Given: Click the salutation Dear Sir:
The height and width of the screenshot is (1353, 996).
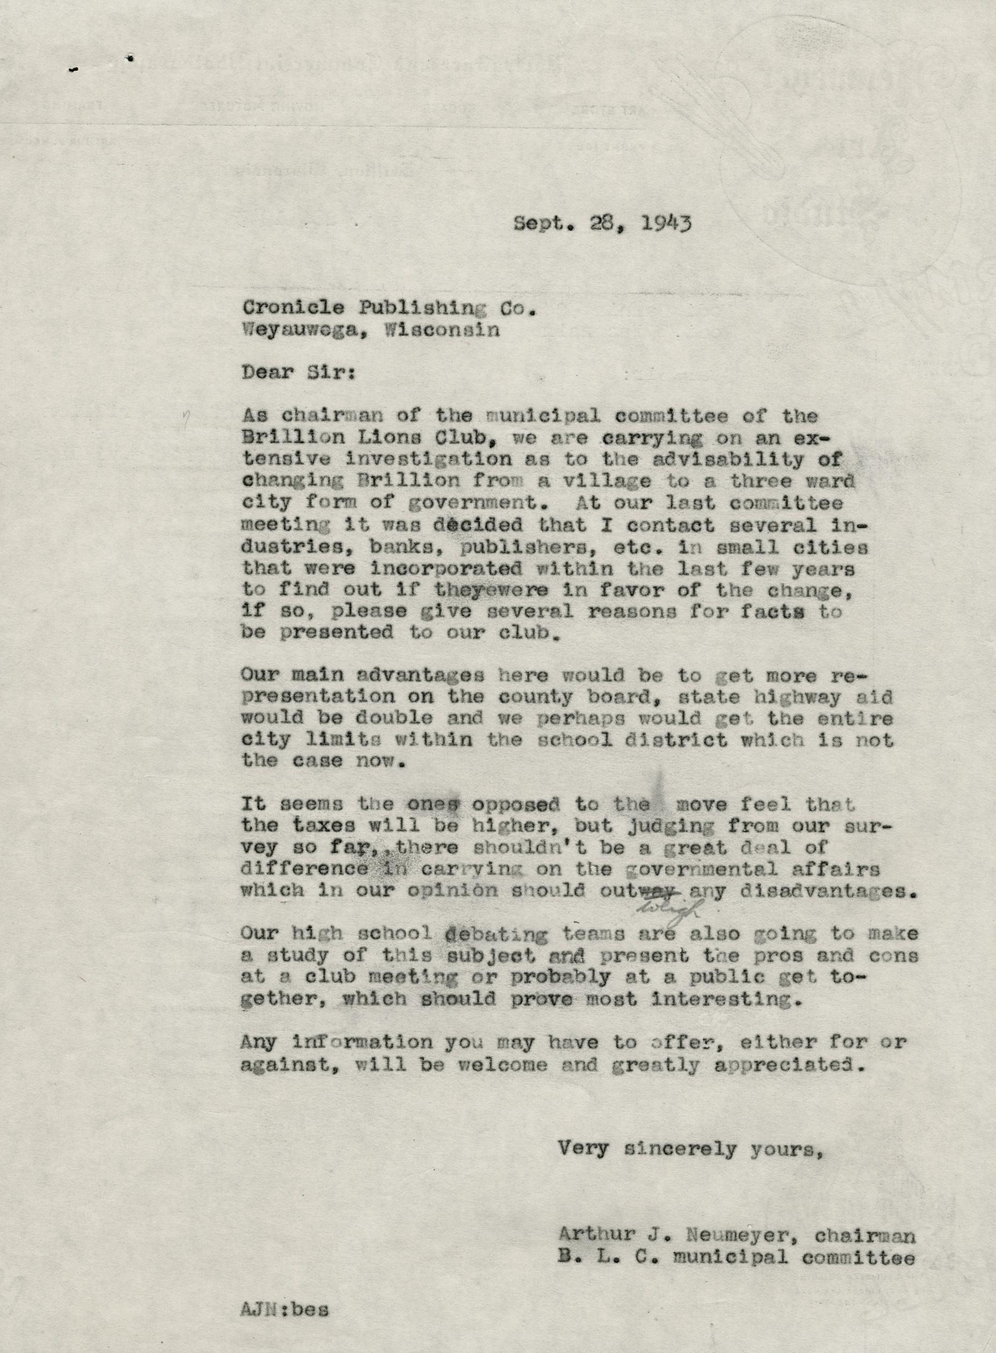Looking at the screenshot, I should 298,372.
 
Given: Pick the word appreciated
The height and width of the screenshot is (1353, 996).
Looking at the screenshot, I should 790,1065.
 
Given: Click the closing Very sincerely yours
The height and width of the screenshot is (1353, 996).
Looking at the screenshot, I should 690,1149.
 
